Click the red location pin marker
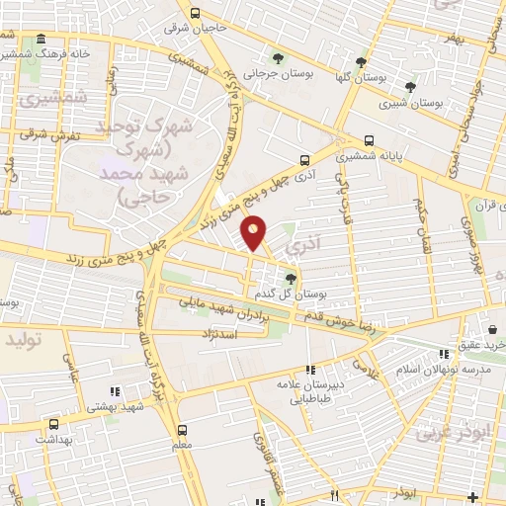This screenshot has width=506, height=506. (x=255, y=232)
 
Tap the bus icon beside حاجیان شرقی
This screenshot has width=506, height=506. (x=195, y=14)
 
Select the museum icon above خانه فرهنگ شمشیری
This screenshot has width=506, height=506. (x=41, y=40)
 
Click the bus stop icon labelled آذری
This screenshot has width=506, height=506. (x=303, y=158)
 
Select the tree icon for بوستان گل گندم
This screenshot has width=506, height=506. (x=290, y=279)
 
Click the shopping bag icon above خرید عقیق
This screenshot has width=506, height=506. (x=490, y=329)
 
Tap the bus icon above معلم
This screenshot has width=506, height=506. (x=182, y=430)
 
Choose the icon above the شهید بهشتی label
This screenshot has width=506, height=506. (x=115, y=391)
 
